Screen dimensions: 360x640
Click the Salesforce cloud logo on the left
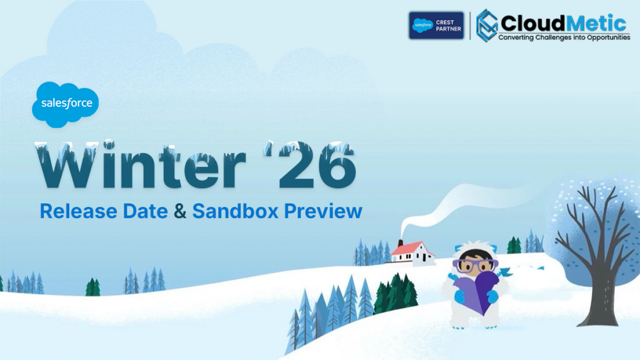65,103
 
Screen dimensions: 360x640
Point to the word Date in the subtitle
147,211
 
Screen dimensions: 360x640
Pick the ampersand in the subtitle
180,211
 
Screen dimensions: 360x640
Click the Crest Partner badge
436,26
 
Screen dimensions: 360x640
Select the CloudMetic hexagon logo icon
486,26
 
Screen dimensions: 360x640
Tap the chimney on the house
399,242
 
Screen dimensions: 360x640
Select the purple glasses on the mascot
475,264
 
